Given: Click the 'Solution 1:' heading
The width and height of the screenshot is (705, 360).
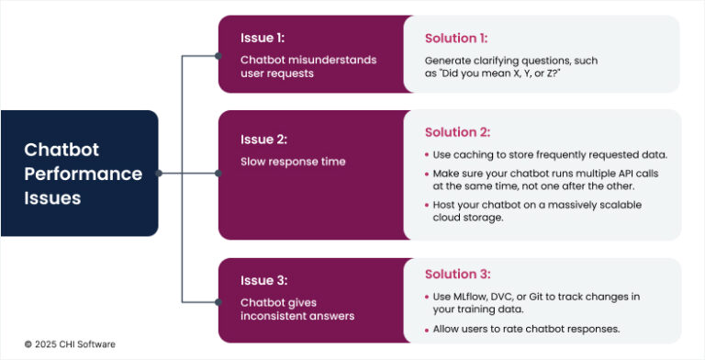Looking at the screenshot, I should pos(456,39).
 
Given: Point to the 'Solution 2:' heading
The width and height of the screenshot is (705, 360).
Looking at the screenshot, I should pos(457,132).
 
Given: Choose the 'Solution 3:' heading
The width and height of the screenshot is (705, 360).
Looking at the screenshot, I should pos(457,274).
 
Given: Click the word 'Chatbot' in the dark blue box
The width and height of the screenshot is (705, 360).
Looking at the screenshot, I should pos(62,150).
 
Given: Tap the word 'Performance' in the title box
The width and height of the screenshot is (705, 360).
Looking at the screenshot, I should pos(83,174).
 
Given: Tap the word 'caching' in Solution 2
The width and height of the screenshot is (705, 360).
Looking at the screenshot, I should pos(476,153).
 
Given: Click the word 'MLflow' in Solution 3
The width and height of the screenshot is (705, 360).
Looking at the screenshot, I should pos(474,297).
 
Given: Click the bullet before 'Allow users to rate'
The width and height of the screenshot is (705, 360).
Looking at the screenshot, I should pos(428,328).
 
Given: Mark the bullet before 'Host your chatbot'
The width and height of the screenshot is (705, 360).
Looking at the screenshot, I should pos(428,204).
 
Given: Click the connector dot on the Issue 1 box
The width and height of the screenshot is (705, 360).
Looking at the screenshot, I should pos(218,55).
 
